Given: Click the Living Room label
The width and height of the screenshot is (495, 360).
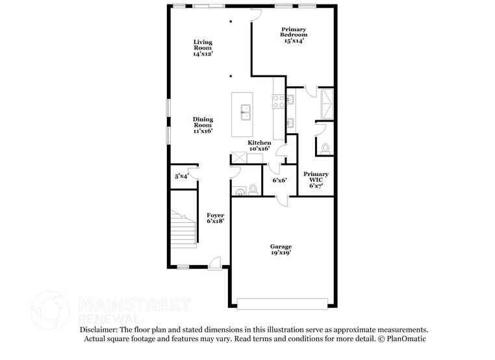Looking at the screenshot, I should pos(203,48).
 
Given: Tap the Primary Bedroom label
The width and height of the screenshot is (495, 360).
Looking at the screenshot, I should pos(294,34).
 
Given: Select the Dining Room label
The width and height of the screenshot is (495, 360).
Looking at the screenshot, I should pos(203,125).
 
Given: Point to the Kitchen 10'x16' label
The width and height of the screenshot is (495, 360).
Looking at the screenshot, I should pos(259,146).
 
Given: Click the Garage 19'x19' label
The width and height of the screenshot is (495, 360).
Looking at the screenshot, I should pos(281,250).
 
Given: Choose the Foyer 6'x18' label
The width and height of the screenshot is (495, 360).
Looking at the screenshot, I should pos(216,218).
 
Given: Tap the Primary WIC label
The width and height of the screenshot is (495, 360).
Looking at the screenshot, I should pos(316,179).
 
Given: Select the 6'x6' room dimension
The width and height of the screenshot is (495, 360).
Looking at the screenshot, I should pos(279,180).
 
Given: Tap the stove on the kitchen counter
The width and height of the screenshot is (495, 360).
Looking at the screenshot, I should pos(279,101).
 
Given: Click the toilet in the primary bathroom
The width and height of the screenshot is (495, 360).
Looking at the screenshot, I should pos(325,149).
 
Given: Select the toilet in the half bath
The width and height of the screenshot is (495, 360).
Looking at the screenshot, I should pos(253,190).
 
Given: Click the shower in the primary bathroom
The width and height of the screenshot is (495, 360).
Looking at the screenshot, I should pos(326,103).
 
